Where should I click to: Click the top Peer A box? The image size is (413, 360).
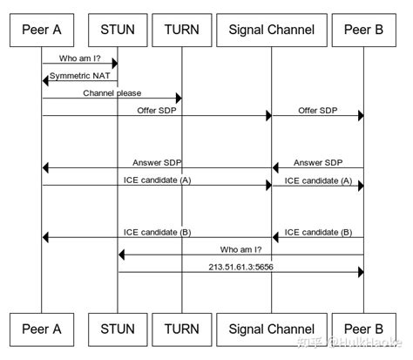(x=41, y=30)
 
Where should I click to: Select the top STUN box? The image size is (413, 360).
(x=118, y=30)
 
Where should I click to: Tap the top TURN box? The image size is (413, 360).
(x=182, y=30)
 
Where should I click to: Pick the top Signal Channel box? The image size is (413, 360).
(x=271, y=30)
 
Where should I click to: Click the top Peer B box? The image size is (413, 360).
(x=362, y=30)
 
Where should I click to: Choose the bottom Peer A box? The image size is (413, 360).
(x=41, y=329)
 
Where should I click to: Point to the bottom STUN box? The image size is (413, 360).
(x=118, y=329)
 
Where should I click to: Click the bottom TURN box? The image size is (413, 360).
(x=182, y=329)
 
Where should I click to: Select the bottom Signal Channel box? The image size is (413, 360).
(x=271, y=329)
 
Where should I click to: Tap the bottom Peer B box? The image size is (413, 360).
(x=362, y=329)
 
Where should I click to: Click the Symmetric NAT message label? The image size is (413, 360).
(x=80, y=76)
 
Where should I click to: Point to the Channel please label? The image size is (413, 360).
(x=112, y=92)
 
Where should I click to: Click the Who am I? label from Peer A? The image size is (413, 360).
(x=79, y=58)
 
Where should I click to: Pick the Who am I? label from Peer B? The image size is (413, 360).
(x=240, y=248)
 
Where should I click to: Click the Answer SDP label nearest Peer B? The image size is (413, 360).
(x=317, y=161)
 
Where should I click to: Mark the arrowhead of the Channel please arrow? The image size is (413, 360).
(x=178, y=98)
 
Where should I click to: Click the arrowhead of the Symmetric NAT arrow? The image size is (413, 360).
(x=46, y=81)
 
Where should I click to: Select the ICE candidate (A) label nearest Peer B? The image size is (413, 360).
(x=317, y=180)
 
